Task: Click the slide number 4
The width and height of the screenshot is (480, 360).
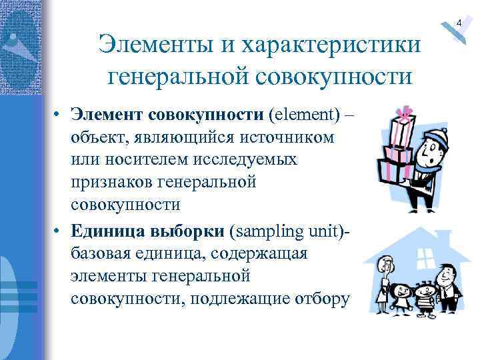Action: pyautogui.click(x=459, y=24)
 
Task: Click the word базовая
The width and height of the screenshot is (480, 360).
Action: pyautogui.click(x=105, y=255)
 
